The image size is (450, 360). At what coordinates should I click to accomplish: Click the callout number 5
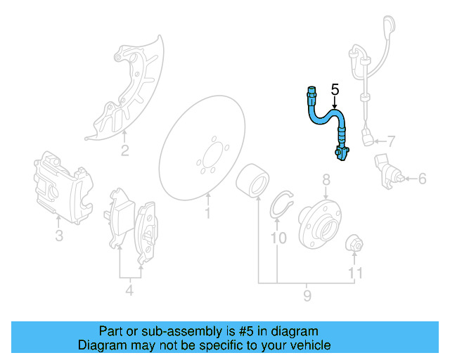(335, 89)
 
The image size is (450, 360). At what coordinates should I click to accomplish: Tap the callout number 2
(124, 150)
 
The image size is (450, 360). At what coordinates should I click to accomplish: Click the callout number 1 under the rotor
(207, 212)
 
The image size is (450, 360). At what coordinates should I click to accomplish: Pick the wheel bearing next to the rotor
(250, 181)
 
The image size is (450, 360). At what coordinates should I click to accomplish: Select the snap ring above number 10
(282, 203)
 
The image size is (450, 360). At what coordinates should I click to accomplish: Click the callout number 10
(278, 238)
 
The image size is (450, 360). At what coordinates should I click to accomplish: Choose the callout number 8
(326, 181)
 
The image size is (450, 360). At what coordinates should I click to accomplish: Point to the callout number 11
(356, 273)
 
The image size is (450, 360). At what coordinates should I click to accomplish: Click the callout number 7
(392, 141)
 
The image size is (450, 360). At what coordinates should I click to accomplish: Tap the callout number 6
(422, 179)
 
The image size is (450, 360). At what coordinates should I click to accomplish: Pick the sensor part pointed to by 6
(386, 171)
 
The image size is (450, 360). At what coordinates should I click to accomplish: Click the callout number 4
(129, 289)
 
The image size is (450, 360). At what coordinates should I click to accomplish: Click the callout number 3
(58, 236)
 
